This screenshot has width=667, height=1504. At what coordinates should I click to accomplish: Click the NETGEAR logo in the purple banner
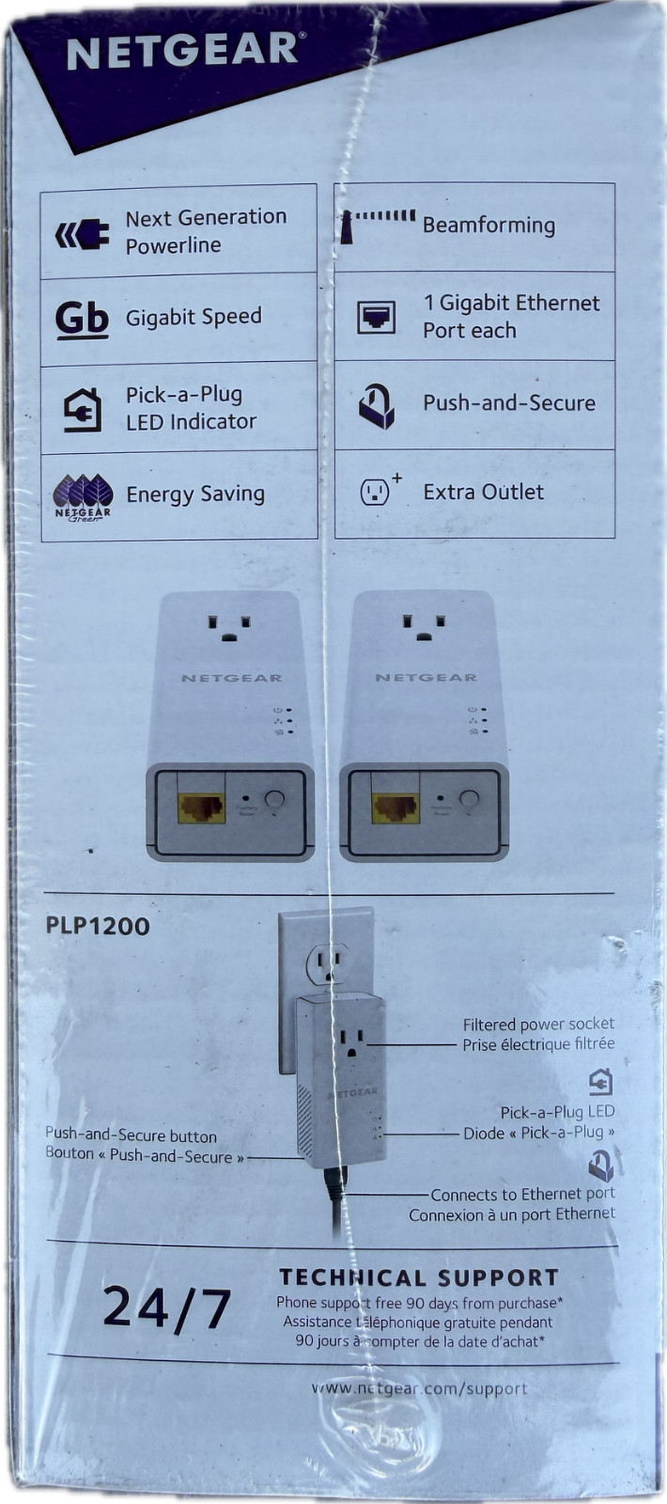click(x=181, y=51)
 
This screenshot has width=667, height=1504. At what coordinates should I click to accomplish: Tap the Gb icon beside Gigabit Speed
click(x=82, y=319)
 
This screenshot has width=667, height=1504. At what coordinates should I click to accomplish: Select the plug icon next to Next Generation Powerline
click(x=82, y=232)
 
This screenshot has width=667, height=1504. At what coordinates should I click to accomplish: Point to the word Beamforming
click(x=489, y=226)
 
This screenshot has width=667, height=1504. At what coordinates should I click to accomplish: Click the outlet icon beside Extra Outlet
click(x=376, y=492)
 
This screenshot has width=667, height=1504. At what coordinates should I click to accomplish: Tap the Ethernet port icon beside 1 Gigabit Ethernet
click(x=376, y=318)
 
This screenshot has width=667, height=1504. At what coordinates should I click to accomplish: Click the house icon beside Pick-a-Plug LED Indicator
click(x=83, y=409)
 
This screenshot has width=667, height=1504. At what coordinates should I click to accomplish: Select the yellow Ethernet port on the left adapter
click(x=202, y=807)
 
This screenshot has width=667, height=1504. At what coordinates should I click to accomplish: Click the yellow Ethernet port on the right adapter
click(x=396, y=807)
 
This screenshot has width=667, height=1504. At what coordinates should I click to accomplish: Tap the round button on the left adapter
click(x=274, y=800)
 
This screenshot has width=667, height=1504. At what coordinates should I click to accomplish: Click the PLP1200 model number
click(x=98, y=926)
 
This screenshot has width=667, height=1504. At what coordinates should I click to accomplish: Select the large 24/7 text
click(x=167, y=1308)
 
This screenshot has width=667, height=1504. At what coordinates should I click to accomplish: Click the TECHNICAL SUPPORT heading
click(x=419, y=1277)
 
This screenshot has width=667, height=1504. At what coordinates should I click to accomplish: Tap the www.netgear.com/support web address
click(x=419, y=1388)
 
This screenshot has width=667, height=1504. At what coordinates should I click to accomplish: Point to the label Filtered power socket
click(x=538, y=1024)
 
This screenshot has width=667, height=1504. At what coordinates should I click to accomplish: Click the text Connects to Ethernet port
click(x=522, y=1195)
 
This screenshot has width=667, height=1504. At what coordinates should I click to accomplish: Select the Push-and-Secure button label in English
click(x=131, y=1136)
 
